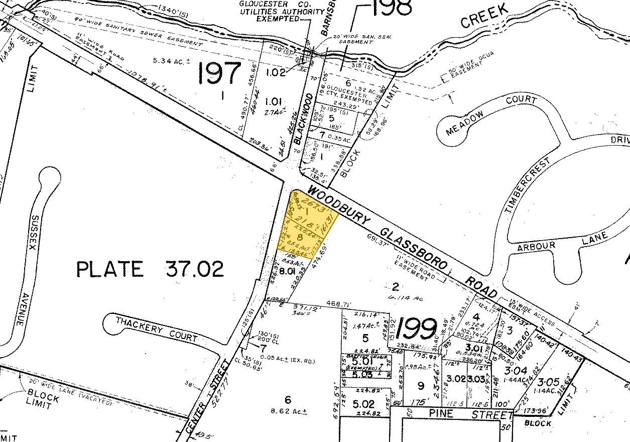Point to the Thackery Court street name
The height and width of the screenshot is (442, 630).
click(156, 328)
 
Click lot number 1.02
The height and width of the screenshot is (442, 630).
click(276, 72)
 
